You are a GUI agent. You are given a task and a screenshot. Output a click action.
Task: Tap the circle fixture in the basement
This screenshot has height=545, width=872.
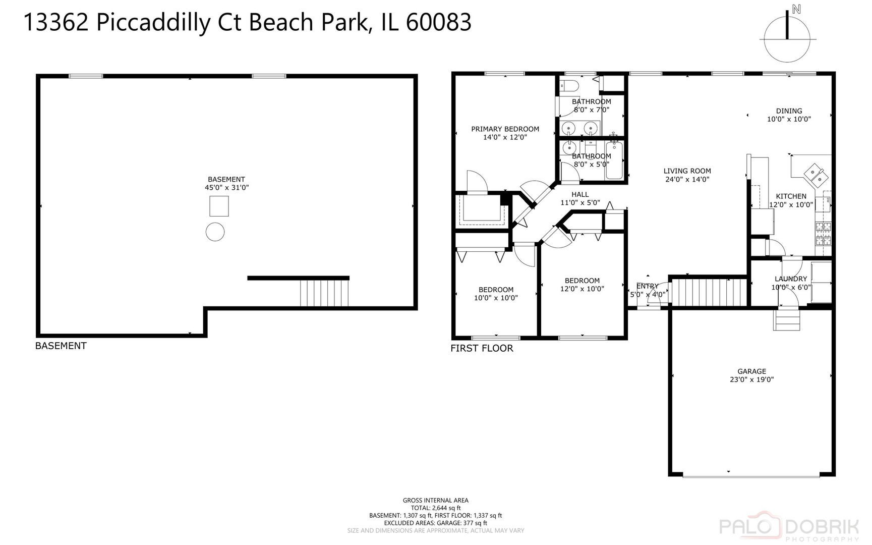pyautogui.click(x=215, y=232)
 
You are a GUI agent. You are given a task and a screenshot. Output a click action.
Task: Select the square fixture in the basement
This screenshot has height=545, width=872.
pyautogui.click(x=219, y=206)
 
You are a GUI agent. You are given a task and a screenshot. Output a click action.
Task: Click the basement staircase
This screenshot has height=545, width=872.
pyautogui.click(x=324, y=293)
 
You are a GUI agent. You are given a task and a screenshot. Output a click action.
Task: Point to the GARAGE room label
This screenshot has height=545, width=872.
pyautogui.click(x=751, y=371)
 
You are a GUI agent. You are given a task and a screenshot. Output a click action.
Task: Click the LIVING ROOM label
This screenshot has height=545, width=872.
pyautogui.click(x=687, y=171)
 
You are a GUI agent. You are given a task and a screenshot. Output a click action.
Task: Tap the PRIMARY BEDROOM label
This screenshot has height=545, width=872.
pyautogui.click(x=505, y=129)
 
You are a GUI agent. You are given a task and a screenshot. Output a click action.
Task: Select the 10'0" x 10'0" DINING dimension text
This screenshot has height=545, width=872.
pyautogui.click(x=789, y=120)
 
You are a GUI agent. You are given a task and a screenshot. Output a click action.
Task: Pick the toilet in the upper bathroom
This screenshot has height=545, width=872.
pyautogui.click(x=569, y=86)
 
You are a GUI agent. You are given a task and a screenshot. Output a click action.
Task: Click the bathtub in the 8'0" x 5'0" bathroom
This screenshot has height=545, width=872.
pyautogui.click(x=614, y=160)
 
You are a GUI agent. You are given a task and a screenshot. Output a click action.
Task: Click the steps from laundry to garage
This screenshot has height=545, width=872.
pyautogui.click(x=786, y=319)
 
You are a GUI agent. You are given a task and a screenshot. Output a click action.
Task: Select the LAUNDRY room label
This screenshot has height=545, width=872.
pyautogui.click(x=790, y=279)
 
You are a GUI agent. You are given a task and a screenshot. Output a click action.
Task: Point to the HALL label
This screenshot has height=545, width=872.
pyautogui.click(x=580, y=194)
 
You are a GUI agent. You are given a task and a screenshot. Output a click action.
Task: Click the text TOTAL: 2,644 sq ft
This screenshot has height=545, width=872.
pyautogui.click(x=435, y=508)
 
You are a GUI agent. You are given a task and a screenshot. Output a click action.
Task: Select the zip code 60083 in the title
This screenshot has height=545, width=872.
pyautogui.click(x=438, y=23)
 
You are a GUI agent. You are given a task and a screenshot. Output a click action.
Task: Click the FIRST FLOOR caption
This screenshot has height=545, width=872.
pyautogui.click(x=482, y=348)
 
